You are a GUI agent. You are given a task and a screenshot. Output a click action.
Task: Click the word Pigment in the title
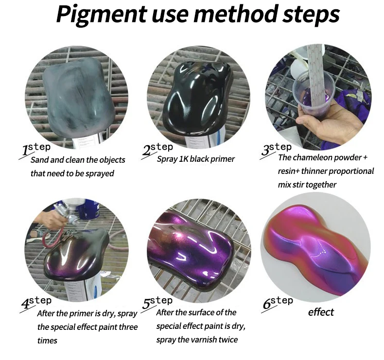[101, 14]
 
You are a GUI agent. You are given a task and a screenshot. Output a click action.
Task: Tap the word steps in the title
[311, 14]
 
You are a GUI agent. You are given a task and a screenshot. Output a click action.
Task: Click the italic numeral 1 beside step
[25, 150]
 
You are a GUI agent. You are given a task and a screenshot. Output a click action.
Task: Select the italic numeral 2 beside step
[147, 150]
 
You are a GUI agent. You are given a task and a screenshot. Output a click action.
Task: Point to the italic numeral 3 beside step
[265, 150]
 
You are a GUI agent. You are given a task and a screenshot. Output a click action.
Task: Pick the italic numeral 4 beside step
[25, 304]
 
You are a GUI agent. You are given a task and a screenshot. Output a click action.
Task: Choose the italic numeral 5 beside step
[146, 304]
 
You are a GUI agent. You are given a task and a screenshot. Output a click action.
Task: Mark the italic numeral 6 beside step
[266, 304]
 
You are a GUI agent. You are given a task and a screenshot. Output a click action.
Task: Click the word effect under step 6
[321, 312]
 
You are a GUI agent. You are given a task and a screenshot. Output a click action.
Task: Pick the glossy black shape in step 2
[198, 97]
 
